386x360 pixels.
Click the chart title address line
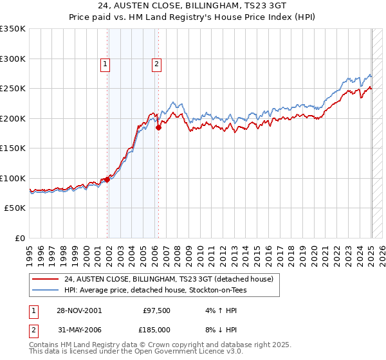point(193,5)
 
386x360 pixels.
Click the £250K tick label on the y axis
point(12,88)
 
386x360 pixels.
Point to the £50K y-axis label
point(14,208)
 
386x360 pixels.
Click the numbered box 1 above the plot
point(104,63)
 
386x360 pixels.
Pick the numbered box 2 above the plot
point(156,63)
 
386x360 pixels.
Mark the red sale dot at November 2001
point(107,180)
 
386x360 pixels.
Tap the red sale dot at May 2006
point(158,127)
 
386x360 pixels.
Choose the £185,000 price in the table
point(156,329)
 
